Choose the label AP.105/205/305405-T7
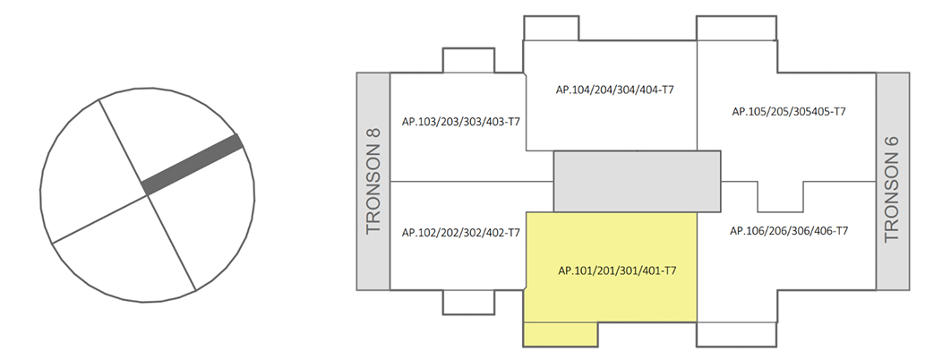point(788,112)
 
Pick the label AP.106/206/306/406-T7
point(789,231)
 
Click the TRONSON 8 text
point(373,181)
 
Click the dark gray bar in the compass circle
point(193,164)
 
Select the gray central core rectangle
point(637,181)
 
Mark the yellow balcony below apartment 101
point(560,333)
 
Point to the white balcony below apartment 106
point(736,333)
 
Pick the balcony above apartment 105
point(736,28)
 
